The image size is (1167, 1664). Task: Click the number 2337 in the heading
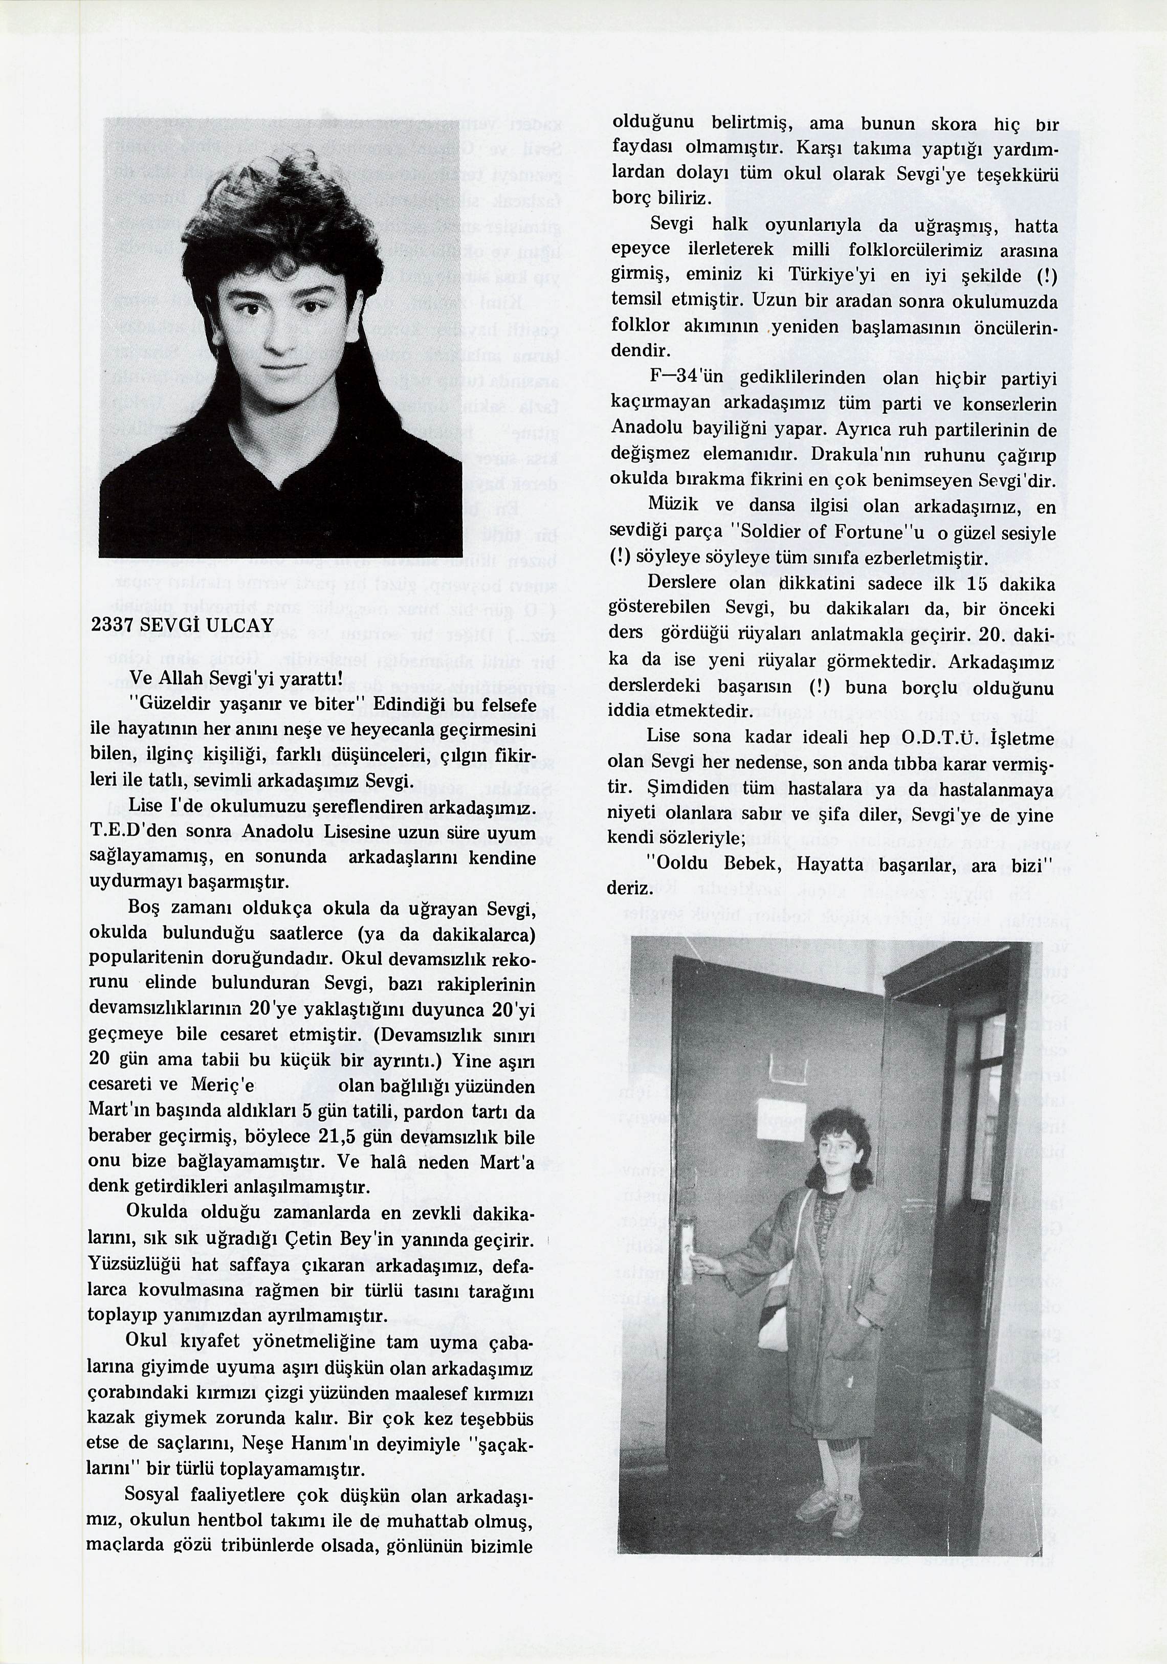click(113, 626)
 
